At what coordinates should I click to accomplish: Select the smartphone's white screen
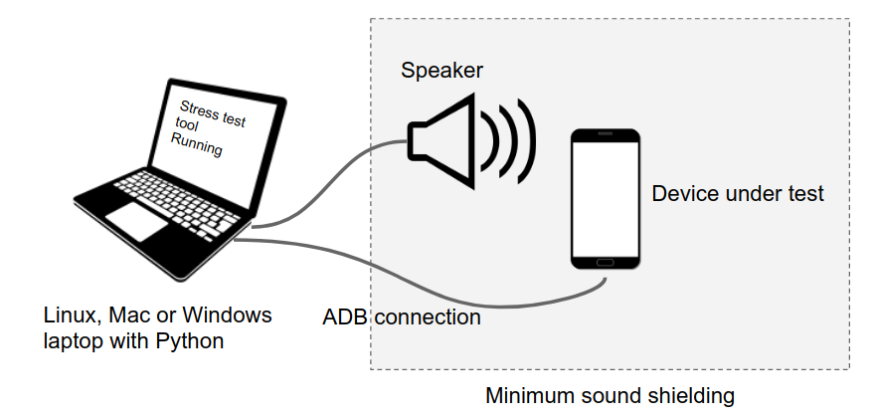(605, 197)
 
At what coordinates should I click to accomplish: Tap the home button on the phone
(605, 262)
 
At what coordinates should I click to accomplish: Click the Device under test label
(737, 194)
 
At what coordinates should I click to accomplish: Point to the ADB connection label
(402, 317)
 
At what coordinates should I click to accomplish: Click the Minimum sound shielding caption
(610, 395)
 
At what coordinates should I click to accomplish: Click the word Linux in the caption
(70, 315)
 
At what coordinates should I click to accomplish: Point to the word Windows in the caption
(232, 315)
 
